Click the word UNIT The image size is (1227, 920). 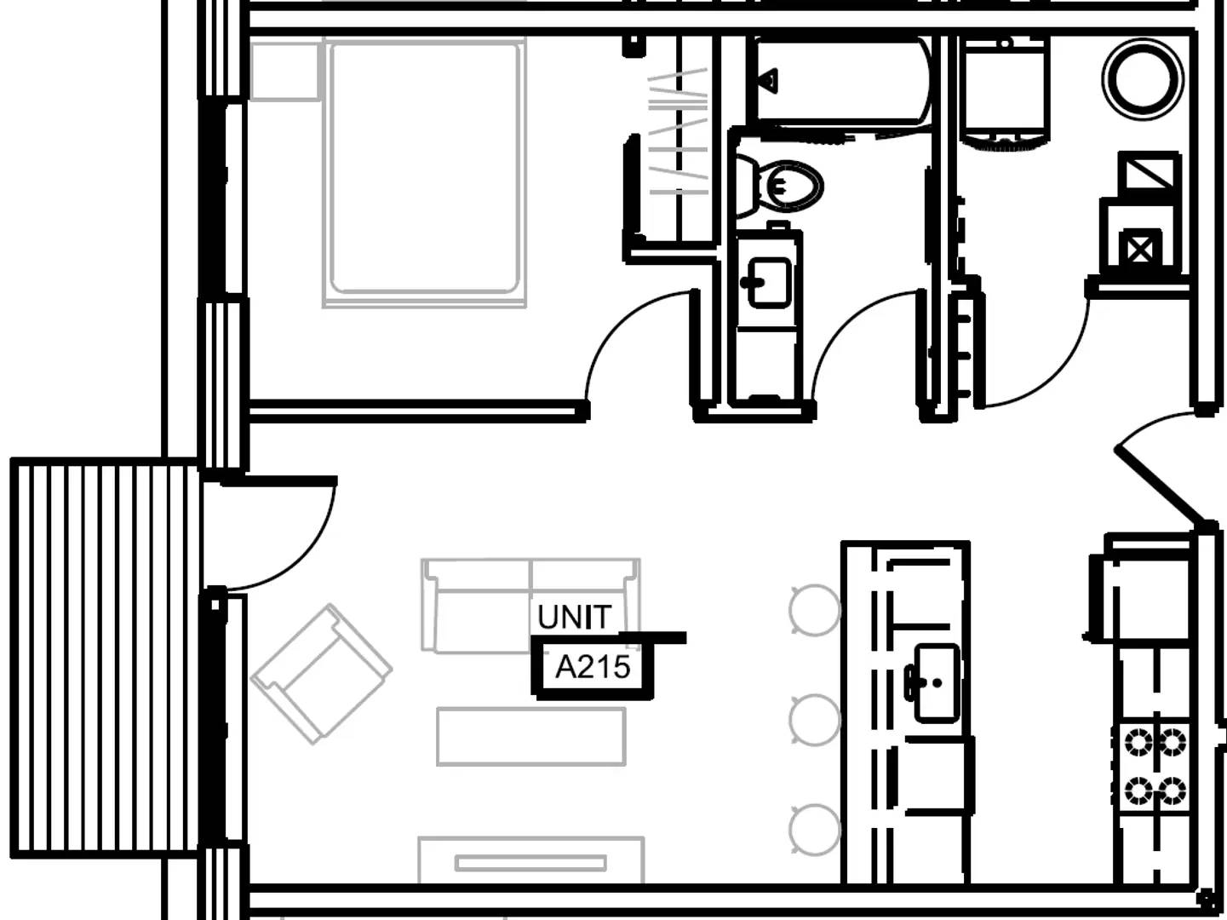(574, 618)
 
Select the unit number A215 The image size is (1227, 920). (593, 667)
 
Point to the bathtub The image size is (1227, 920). (840, 80)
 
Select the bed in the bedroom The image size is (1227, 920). (424, 172)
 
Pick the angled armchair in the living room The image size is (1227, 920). (321, 674)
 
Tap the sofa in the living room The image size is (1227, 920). (530, 605)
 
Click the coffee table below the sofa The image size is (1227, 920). (531, 737)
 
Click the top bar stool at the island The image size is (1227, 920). (815, 610)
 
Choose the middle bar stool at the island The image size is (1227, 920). (815, 720)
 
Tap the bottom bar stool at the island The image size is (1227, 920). (815, 830)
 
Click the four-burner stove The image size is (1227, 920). (1155, 767)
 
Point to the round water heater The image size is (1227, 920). (1143, 79)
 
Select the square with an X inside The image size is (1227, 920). (1140, 250)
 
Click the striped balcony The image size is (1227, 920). (105, 658)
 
